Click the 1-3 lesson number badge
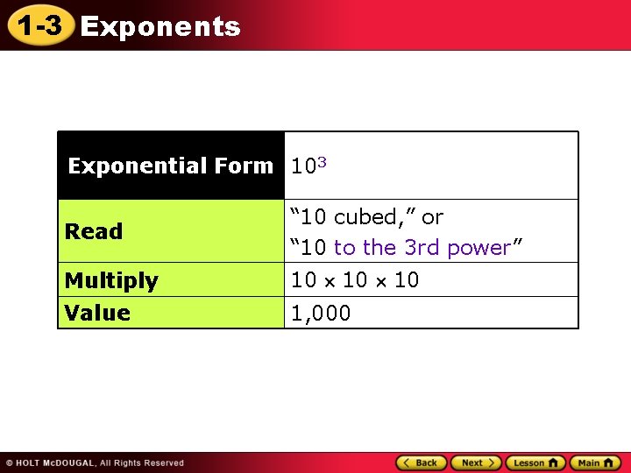(39, 26)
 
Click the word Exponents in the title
(160, 27)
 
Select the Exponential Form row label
(171, 166)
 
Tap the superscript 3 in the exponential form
(323, 161)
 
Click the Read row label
(94, 231)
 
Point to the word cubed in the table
(372, 216)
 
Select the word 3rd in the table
(422, 248)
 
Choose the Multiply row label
(111, 280)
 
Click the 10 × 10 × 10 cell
(355, 280)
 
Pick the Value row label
(97, 313)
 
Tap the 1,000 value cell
(321, 313)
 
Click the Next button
(476, 462)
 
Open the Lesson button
(535, 462)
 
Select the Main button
(595, 462)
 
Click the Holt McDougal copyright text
(95, 462)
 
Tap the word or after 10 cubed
(432, 216)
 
